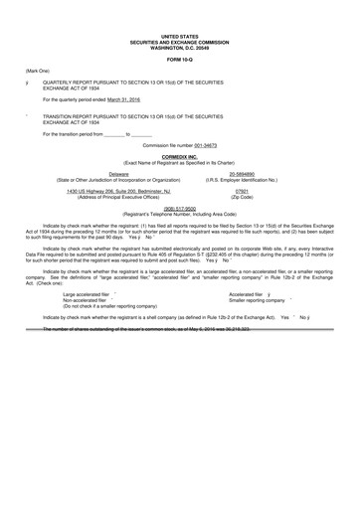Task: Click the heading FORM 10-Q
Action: (180, 55)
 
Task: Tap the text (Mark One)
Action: (33, 72)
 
